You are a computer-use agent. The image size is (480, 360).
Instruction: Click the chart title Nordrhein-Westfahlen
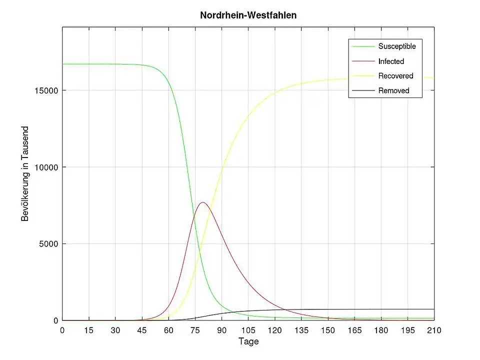[x=248, y=15]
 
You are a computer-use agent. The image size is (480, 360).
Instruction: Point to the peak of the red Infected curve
[x=203, y=202]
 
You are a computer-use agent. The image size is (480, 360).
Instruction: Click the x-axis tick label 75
[x=195, y=330]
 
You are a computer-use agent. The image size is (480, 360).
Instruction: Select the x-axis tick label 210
[x=433, y=330]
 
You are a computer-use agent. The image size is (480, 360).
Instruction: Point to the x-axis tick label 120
[x=274, y=330]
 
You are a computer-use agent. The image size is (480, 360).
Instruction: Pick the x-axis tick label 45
[x=142, y=330]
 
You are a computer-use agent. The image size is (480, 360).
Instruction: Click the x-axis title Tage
[x=248, y=342]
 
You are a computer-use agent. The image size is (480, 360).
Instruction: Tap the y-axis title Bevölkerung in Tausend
[x=25, y=174]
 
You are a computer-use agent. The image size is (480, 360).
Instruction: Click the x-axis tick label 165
[x=354, y=330]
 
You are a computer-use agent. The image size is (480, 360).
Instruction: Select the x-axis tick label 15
[x=89, y=330]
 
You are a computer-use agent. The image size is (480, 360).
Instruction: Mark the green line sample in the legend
[x=363, y=46]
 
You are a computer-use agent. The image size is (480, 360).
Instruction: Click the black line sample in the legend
[x=363, y=90]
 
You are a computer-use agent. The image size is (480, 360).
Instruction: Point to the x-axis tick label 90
[x=221, y=330]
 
